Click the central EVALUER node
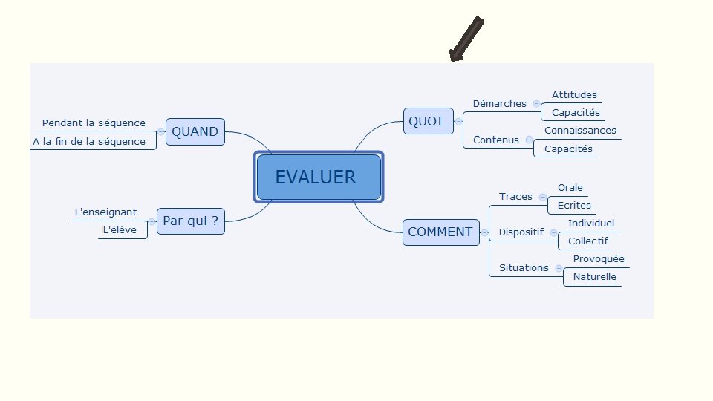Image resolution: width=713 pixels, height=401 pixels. (x=319, y=177)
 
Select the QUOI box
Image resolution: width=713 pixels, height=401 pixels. (x=428, y=121)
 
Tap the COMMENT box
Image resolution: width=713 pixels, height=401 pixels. (x=440, y=232)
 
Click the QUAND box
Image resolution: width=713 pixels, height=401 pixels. (x=195, y=132)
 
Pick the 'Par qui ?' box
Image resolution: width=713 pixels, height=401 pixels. (x=190, y=221)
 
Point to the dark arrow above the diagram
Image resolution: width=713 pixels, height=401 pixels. (x=466, y=39)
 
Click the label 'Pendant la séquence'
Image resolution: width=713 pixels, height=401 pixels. (x=94, y=123)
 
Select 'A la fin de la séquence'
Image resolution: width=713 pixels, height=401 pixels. (x=89, y=141)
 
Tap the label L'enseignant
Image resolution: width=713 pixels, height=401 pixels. (x=105, y=212)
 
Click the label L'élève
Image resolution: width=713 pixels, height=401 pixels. (x=120, y=230)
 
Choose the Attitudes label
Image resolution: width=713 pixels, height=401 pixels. (x=574, y=95)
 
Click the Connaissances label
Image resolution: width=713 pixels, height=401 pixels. (x=580, y=131)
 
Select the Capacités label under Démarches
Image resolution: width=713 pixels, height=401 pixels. (x=576, y=113)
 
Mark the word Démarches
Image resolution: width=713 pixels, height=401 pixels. (x=499, y=104)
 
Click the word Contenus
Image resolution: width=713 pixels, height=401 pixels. (x=496, y=140)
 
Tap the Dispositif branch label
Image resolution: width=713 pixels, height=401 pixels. (x=521, y=232)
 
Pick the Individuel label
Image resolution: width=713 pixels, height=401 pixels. (x=591, y=223)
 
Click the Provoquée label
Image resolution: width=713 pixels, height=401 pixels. (x=599, y=259)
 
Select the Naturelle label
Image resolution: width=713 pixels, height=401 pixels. (x=594, y=277)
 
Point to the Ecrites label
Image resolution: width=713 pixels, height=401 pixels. (x=574, y=206)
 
